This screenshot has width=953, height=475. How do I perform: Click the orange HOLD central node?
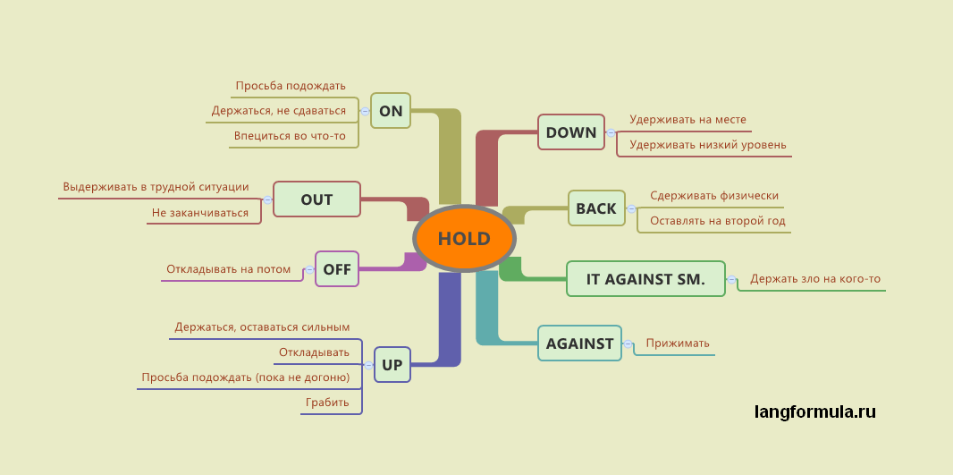tap(464, 239)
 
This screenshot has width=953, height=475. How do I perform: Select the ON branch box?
tap(391, 111)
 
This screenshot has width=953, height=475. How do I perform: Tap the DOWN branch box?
tap(571, 132)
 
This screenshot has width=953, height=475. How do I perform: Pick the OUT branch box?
tap(316, 199)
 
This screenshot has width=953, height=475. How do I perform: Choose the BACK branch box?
tap(596, 208)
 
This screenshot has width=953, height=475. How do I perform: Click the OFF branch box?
tap(337, 268)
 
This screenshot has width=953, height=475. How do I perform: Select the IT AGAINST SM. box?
tap(645, 279)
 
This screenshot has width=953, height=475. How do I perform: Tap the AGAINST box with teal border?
tap(579, 344)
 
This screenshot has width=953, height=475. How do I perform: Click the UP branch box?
tap(392, 365)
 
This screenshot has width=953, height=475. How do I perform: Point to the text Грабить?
tap(327, 403)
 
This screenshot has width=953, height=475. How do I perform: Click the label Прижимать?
tap(678, 343)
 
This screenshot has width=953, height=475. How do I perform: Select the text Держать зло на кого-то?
tap(815, 279)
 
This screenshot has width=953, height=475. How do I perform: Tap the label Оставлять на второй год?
tap(718, 221)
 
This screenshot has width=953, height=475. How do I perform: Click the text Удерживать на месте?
tap(687, 119)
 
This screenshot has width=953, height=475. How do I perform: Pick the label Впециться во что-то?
tap(290, 136)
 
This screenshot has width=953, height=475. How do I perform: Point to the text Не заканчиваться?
tap(200, 213)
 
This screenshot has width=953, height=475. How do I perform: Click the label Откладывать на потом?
tap(229, 268)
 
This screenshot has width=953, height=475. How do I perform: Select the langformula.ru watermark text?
tap(814, 412)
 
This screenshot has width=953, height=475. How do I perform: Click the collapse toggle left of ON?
tap(365, 111)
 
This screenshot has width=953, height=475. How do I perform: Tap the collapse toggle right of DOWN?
tap(611, 132)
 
